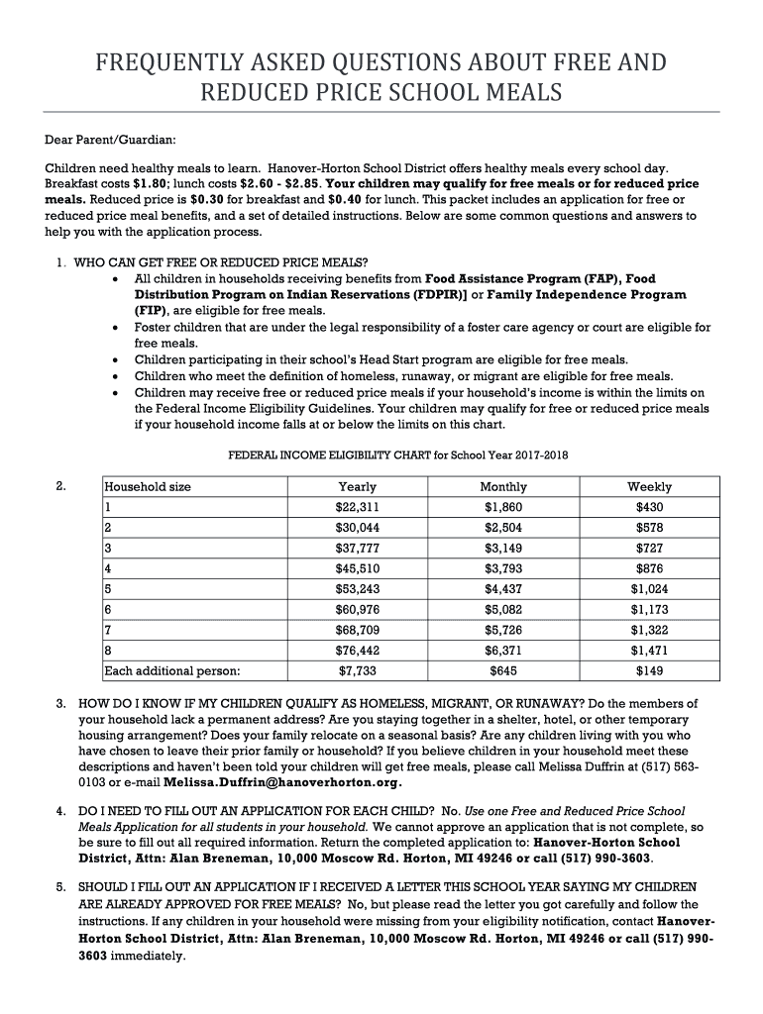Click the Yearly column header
(357, 486)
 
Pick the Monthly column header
(503, 486)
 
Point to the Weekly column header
(649, 486)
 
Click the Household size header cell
(148, 486)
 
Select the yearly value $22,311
(357, 507)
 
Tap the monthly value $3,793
(503, 568)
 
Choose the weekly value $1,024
(649, 589)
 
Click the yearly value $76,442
(357, 651)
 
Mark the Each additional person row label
(172, 671)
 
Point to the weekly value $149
(649, 671)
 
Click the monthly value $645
(503, 671)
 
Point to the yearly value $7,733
(357, 671)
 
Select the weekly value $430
(649, 507)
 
